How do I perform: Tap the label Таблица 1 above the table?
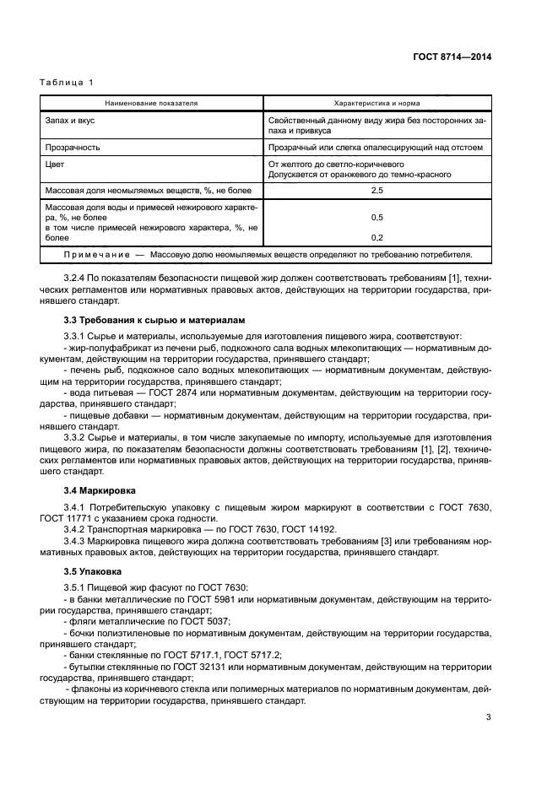pos(67,82)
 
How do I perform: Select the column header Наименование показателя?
pos(151,103)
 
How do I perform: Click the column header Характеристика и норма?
pos(377,103)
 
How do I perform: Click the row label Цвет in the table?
pos(54,164)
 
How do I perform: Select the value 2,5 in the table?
pos(377,192)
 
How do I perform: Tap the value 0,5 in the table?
pos(377,217)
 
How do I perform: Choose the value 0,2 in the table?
pos(377,237)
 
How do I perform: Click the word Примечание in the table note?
pos(97,254)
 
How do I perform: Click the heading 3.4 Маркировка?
pos(98,489)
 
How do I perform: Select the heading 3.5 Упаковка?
pos(93,570)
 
